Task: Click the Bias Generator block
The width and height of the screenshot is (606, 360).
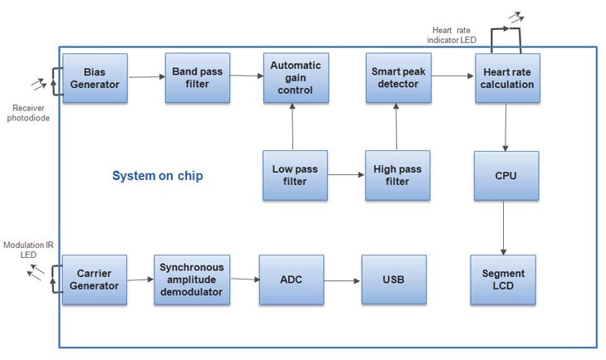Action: coord(95,78)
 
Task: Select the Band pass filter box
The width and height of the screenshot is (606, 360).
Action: coord(198,78)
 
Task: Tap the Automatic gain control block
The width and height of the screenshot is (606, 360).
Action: coord(296,78)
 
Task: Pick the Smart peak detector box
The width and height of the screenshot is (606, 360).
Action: coord(398,78)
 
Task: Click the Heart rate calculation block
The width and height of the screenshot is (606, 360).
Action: coord(506,78)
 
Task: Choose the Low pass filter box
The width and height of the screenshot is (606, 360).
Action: coord(295,175)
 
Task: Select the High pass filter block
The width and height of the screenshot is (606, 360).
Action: coord(398,175)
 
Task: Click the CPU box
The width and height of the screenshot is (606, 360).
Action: coord(506,175)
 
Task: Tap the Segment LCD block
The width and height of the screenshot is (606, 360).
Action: coord(503,280)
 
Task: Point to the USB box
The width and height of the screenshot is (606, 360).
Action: coord(393,280)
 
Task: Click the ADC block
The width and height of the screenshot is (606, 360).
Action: coord(291,280)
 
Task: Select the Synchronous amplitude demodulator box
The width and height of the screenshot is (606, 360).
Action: coord(191,280)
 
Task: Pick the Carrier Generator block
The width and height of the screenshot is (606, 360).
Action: coord(95,280)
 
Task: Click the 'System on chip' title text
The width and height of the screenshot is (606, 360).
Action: coord(158,176)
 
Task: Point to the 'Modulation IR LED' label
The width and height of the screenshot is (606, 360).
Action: coord(28,249)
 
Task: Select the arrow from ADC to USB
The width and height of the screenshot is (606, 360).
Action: coord(342,280)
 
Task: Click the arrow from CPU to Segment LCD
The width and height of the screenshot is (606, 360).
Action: coord(504,227)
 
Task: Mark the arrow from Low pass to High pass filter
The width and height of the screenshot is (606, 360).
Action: coord(346,175)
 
